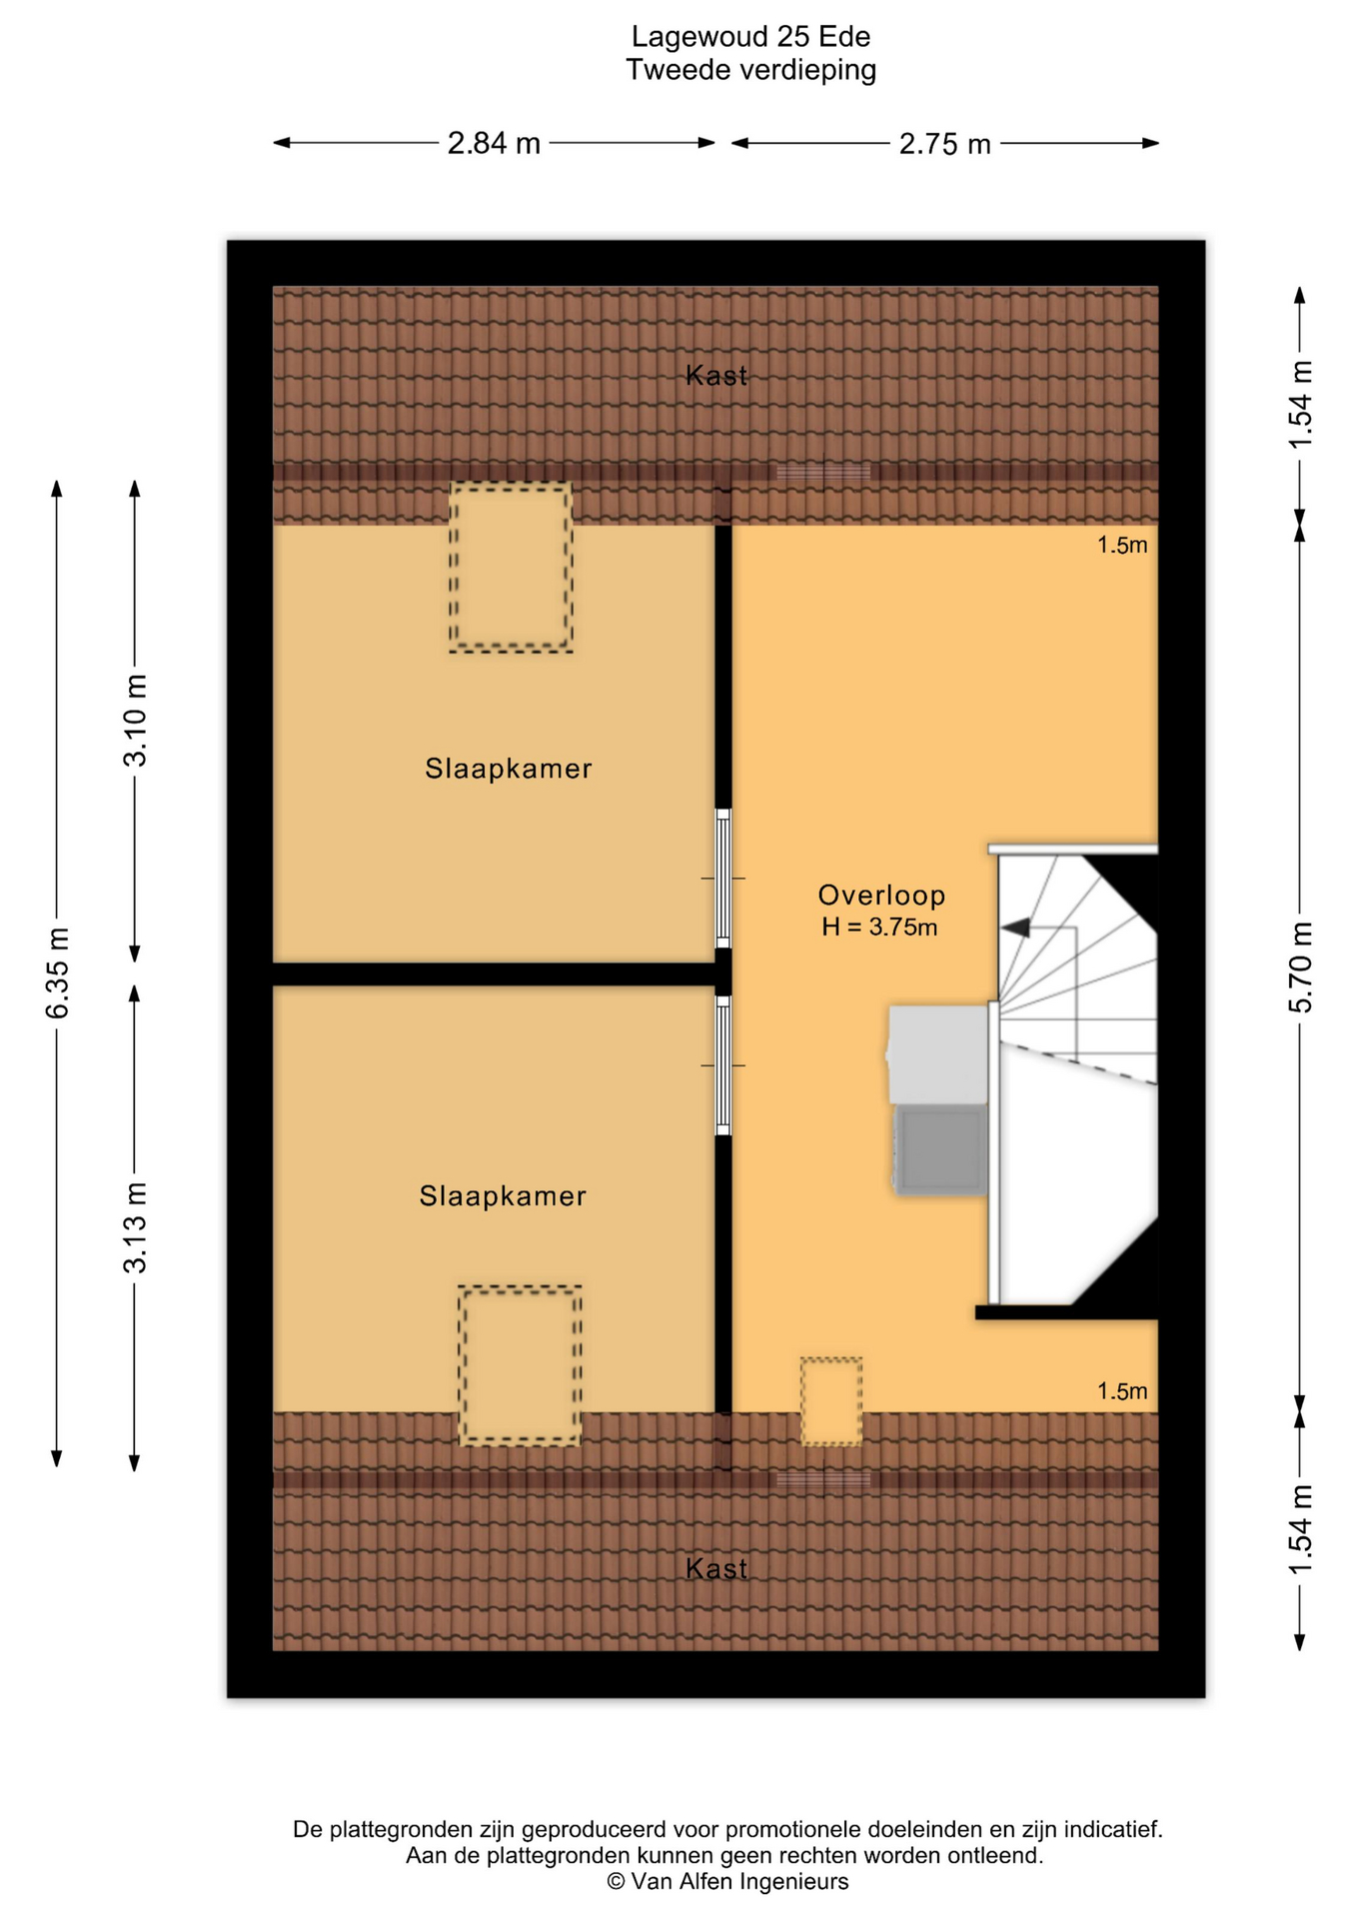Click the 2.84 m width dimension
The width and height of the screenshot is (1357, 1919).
[494, 144]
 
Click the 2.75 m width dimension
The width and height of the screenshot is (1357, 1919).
[944, 144]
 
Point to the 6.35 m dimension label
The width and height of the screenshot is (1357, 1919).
[58, 972]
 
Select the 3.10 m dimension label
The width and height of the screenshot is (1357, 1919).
[135, 721]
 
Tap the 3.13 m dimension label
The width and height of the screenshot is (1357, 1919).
[135, 1226]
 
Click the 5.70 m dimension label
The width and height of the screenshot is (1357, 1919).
[1300, 966]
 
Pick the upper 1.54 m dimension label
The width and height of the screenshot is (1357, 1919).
[1300, 404]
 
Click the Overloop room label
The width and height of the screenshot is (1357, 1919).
[881, 895]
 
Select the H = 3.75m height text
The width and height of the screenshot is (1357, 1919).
[879, 927]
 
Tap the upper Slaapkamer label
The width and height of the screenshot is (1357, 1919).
[509, 768]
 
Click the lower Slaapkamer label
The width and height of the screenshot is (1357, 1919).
[503, 1195]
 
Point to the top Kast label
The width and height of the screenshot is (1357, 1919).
[716, 375]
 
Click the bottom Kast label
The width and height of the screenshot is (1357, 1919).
[716, 1568]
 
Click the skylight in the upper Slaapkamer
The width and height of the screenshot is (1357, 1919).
[511, 568]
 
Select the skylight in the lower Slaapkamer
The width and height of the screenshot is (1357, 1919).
[520, 1365]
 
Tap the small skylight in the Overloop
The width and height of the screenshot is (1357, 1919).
[831, 1400]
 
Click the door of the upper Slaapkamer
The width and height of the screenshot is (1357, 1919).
[723, 878]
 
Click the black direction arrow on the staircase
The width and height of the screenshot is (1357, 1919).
[1015, 928]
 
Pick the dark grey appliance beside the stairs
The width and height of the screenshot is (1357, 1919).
[940, 1149]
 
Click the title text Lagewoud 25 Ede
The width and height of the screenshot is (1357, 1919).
[750, 37]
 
